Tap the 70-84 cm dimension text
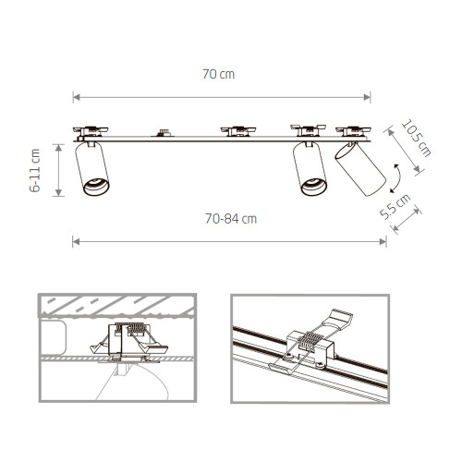pos(230,219)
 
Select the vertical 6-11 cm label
pos(36,170)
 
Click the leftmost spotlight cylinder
pos(94,170)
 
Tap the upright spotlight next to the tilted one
pos(309,170)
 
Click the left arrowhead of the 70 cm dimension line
pos(77,96)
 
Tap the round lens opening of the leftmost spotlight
pos(95,188)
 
